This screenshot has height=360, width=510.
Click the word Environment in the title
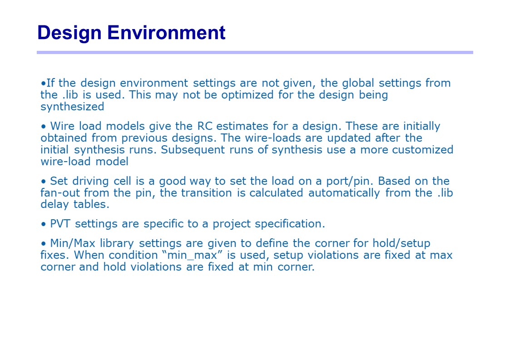click(166, 33)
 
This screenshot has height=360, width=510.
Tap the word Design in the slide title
click(69, 33)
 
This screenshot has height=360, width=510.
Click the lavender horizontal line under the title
click(255, 52)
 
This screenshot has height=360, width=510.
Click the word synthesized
click(72, 107)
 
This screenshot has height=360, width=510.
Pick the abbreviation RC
click(204, 126)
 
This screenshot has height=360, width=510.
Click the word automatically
click(344, 193)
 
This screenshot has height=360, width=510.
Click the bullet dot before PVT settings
click(44, 224)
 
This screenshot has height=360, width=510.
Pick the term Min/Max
click(73, 244)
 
